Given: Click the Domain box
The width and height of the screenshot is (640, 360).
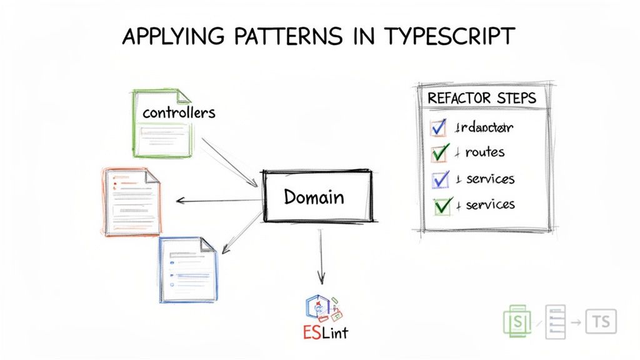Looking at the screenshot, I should pyautogui.click(x=317, y=197).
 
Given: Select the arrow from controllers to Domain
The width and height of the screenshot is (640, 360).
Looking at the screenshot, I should pyautogui.click(x=230, y=162).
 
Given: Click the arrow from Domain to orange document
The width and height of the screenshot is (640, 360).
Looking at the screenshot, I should pyautogui.click(x=219, y=201).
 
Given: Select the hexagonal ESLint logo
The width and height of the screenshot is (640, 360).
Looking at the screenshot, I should pyautogui.click(x=319, y=306).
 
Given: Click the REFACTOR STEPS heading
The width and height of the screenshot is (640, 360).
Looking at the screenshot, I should pyautogui.click(x=482, y=99).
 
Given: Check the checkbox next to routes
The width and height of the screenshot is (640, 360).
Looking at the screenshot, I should pyautogui.click(x=440, y=152).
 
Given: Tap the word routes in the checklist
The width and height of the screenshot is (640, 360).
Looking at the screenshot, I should pyautogui.click(x=484, y=152).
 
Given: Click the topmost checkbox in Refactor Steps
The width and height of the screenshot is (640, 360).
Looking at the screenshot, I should pyautogui.click(x=439, y=127).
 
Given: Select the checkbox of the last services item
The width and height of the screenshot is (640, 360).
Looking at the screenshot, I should pyautogui.click(x=442, y=204).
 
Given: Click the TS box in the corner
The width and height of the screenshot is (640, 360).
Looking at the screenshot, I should pyautogui.click(x=601, y=322).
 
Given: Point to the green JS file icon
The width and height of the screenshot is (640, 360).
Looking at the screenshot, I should pyautogui.click(x=517, y=322).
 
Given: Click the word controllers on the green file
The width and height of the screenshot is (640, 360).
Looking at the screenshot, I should pyautogui.click(x=179, y=112).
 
